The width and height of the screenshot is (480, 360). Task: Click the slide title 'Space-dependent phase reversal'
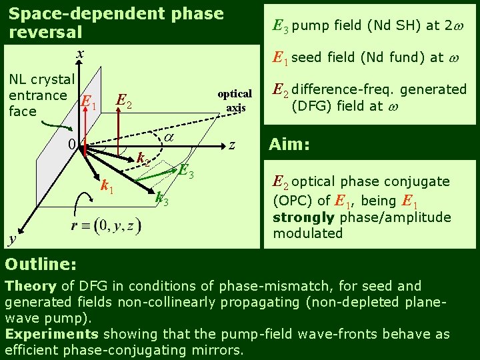pyautogui.click(x=116, y=23)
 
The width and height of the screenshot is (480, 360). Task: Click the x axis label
pyautogui.click(x=79, y=53)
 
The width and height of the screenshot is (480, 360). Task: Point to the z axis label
pyautogui.click(x=232, y=144)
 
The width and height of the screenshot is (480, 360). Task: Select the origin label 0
pyautogui.click(x=71, y=144)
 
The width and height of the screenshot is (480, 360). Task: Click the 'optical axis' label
pyautogui.click(x=235, y=100)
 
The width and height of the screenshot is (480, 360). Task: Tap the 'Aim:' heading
pyautogui.click(x=289, y=145)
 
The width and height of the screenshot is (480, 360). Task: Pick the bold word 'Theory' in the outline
pyautogui.click(x=31, y=286)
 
